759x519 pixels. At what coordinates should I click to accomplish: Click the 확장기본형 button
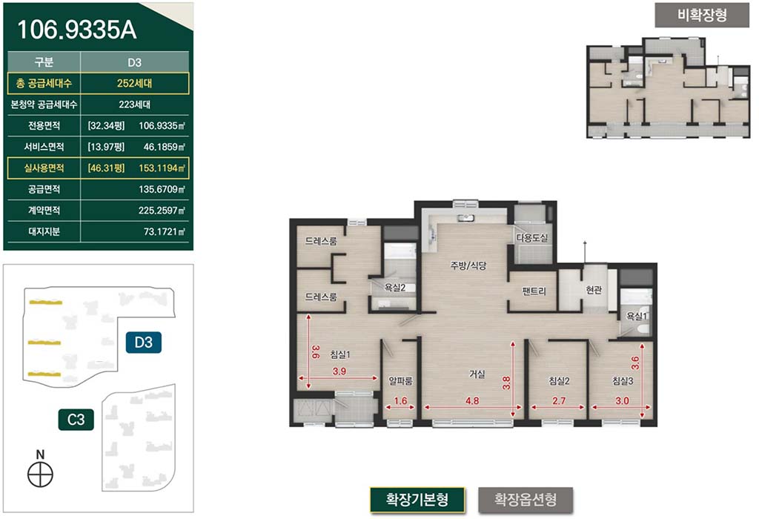tap(417, 500)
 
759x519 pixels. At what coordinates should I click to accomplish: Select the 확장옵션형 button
tap(526, 500)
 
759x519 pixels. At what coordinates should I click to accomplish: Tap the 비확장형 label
tap(702, 15)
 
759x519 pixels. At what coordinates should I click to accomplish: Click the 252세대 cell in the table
tap(135, 83)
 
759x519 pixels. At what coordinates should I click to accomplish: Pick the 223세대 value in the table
tap(135, 105)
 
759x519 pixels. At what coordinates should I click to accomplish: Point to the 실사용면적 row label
tap(44, 168)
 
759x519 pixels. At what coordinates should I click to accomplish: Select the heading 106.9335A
tap(77, 30)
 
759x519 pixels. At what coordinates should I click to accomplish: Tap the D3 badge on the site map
tap(143, 343)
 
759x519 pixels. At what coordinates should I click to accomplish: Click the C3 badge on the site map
tap(76, 419)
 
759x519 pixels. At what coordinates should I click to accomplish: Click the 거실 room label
tap(477, 374)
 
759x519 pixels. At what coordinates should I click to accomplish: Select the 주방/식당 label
tap(468, 265)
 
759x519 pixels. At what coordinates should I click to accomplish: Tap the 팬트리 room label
tap(534, 291)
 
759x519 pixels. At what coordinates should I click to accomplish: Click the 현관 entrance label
tap(594, 289)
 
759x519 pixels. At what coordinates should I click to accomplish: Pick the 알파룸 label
tap(401, 380)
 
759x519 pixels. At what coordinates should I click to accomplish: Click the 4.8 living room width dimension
tap(472, 401)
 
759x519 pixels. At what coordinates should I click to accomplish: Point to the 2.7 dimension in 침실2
tap(559, 401)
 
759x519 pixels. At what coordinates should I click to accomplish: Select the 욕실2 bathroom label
tap(395, 288)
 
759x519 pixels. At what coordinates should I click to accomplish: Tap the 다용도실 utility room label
tap(532, 238)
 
